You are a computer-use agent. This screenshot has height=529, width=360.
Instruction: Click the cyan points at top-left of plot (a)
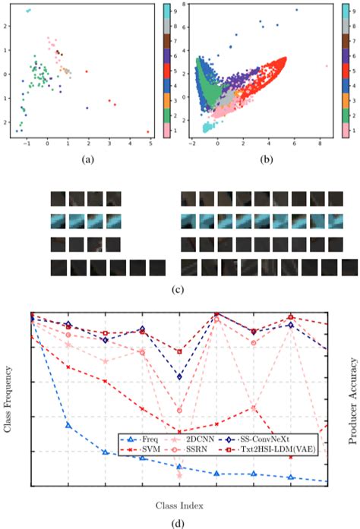[28, 11]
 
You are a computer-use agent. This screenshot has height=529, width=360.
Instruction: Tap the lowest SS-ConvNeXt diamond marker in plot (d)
[179, 376]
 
